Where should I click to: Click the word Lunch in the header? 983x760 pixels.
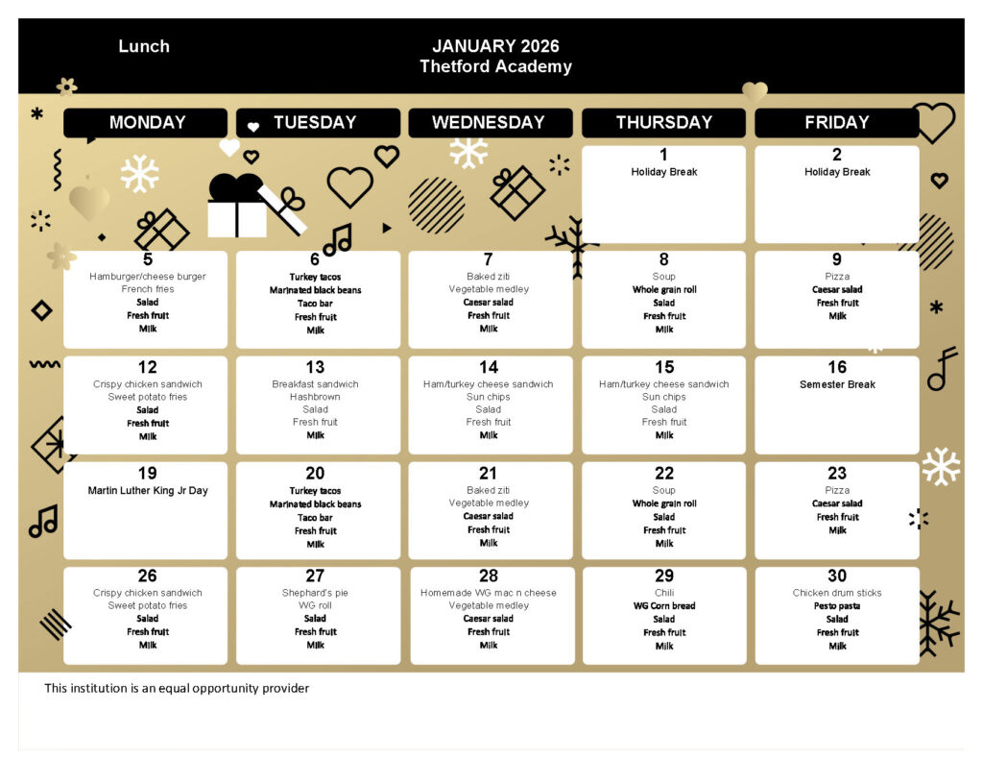[x=144, y=46]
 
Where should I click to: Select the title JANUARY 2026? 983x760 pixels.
[x=495, y=46]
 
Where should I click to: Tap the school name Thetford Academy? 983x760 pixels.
[x=495, y=66]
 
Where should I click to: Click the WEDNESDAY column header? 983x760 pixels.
[x=489, y=123]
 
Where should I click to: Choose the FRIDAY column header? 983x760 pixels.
[x=837, y=123]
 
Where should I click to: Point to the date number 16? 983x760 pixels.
[x=837, y=367]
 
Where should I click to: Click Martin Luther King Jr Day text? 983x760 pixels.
[x=148, y=491]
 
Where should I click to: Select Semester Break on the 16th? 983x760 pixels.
[x=837, y=384]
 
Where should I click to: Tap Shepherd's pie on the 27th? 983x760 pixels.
[x=315, y=593]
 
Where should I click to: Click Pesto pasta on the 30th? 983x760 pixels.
[x=837, y=606]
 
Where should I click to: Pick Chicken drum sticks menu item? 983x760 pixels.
[x=837, y=593]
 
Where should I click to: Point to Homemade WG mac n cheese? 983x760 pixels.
[x=489, y=593]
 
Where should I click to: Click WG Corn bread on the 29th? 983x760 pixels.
[x=664, y=606]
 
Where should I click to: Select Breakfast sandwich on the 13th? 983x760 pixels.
[x=315, y=384]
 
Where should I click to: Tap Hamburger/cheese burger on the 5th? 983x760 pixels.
[x=148, y=277]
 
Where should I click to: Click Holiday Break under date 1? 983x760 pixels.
[x=664, y=172]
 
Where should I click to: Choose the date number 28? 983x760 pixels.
[x=489, y=576]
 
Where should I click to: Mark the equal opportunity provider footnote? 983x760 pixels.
[x=177, y=688]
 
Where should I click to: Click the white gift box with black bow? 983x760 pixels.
[x=237, y=207]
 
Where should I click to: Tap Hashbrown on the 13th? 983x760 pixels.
[x=315, y=397]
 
